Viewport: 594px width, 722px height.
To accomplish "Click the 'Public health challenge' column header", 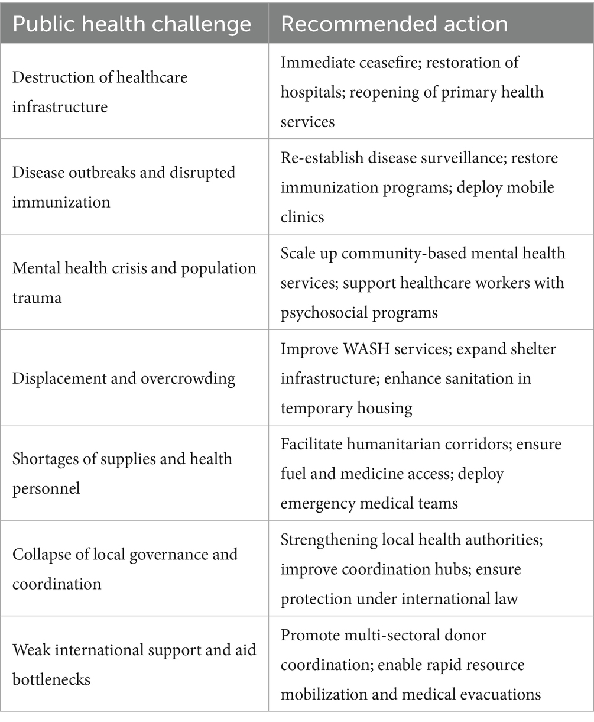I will [132, 24].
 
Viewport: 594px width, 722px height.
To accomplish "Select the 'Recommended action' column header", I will [394, 24].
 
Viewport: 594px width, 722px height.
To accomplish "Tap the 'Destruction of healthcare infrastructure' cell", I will [100, 92].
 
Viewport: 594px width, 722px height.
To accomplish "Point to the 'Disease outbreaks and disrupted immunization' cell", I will [124, 187].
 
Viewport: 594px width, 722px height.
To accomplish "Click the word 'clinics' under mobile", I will [302, 216].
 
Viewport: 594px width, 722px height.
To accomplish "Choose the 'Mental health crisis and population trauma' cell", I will [134, 283].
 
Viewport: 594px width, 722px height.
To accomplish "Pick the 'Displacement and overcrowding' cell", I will [124, 378].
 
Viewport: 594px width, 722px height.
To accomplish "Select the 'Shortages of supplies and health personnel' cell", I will [122, 474].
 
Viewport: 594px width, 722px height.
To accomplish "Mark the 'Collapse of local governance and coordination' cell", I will [125, 569].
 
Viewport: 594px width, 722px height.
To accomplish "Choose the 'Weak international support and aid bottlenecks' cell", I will [134, 664].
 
